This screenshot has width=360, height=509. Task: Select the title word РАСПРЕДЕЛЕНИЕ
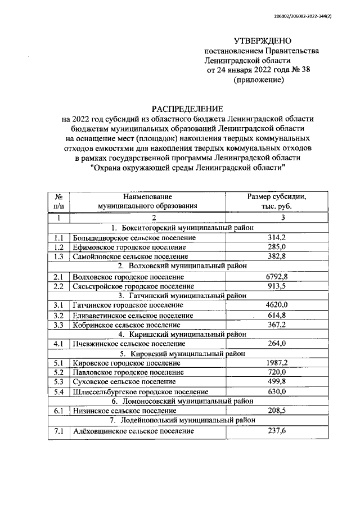pyautogui.click(x=188, y=108)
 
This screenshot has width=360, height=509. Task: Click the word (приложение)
pyautogui.click(x=259, y=80)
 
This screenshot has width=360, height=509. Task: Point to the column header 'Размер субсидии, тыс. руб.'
pyautogui.click(x=276, y=201)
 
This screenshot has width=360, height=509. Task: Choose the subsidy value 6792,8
pyautogui.click(x=276, y=277)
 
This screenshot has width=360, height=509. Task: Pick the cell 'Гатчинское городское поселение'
pyautogui.click(x=128, y=305)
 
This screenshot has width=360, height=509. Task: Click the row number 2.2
pyautogui.click(x=58, y=286)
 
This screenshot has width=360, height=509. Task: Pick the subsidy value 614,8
pyautogui.click(x=276, y=315)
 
